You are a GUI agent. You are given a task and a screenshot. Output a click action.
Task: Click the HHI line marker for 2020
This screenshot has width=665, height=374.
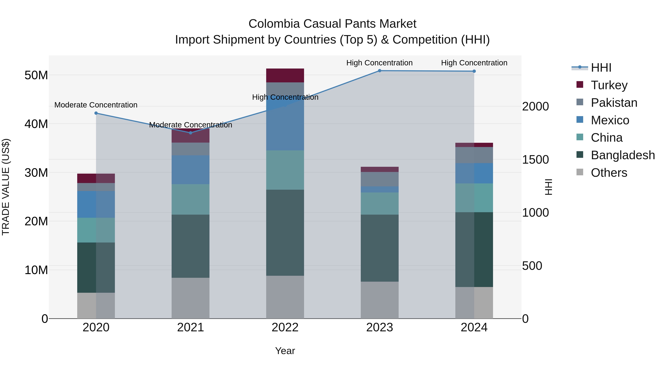(96, 113)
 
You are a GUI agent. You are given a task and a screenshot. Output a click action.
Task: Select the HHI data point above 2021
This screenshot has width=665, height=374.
(190, 133)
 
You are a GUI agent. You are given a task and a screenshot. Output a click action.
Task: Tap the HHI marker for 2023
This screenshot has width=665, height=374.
(379, 71)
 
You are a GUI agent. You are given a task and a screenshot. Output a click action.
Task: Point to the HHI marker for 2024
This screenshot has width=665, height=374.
(474, 71)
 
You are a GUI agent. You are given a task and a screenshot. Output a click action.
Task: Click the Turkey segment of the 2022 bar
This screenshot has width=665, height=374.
(285, 75)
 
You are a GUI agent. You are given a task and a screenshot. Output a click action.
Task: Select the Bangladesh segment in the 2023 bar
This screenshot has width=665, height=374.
(379, 248)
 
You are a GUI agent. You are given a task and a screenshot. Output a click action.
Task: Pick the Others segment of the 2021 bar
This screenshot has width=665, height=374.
(190, 298)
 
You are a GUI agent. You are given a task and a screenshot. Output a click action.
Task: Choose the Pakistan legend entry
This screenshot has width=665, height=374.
(614, 103)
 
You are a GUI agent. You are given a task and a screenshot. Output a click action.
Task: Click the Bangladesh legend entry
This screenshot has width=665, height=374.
(623, 155)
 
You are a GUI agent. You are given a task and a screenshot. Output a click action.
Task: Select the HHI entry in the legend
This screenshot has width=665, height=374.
(601, 68)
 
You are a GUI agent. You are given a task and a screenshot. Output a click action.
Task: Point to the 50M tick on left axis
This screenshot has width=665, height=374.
(36, 75)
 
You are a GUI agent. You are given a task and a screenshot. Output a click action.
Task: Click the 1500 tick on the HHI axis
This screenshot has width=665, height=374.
(535, 160)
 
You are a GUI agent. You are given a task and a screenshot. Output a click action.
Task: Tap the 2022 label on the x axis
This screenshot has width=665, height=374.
(285, 327)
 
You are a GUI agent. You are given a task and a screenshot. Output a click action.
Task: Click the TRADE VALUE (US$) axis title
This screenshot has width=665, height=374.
(6, 187)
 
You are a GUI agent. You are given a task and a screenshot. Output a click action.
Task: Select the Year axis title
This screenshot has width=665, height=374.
(285, 351)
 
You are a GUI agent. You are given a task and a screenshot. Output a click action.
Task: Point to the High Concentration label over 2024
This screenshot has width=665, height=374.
(474, 63)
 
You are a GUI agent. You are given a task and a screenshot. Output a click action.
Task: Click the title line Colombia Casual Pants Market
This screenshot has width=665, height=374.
(332, 24)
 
